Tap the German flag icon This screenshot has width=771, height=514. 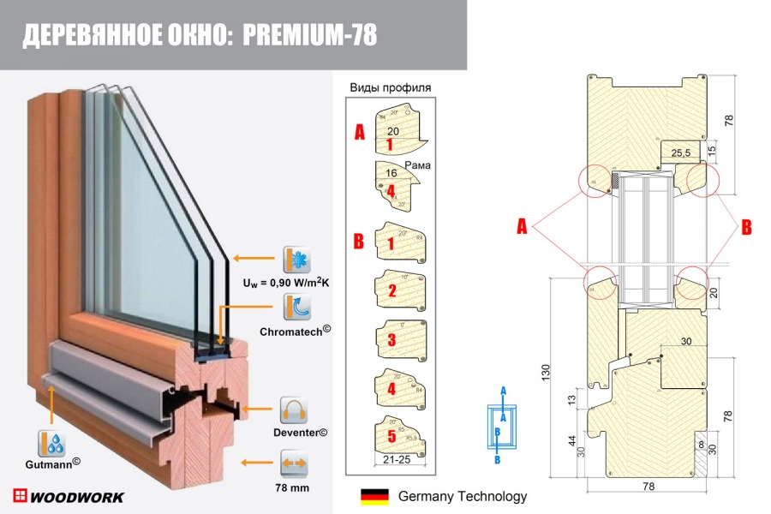click(374, 496)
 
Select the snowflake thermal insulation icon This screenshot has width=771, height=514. click(296, 258)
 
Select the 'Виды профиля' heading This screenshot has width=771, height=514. click(390, 87)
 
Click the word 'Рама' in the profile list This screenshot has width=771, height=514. click(417, 164)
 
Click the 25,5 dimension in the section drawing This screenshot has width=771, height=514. click(682, 152)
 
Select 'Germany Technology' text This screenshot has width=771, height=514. click(463, 496)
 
